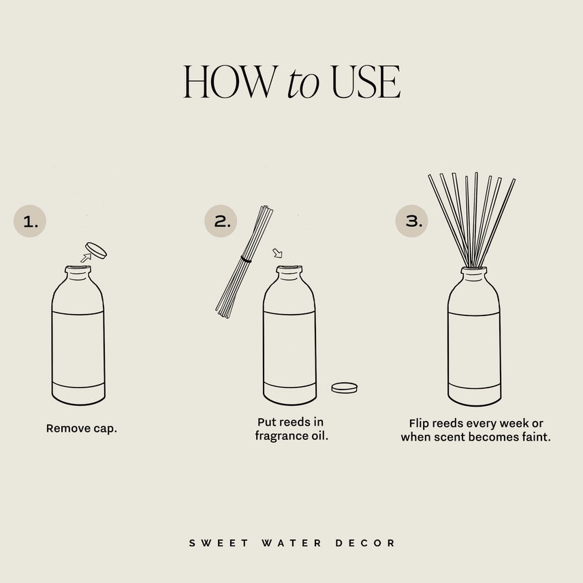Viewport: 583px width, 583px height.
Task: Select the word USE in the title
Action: tap(365, 84)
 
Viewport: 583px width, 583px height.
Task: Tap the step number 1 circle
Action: tap(29, 221)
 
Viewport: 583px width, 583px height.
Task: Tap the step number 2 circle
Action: tap(221, 221)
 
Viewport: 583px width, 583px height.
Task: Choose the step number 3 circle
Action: tap(412, 221)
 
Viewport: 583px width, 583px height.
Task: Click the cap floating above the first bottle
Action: tap(95, 250)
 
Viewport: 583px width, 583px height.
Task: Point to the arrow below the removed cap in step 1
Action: tap(85, 258)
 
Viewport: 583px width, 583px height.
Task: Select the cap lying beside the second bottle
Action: tap(344, 388)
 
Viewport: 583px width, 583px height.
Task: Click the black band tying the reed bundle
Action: tap(245, 259)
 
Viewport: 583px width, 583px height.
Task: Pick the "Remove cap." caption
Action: tap(82, 429)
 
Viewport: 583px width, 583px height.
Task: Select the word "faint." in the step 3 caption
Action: tap(535, 437)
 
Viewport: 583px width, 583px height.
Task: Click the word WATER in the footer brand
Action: tap(292, 543)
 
